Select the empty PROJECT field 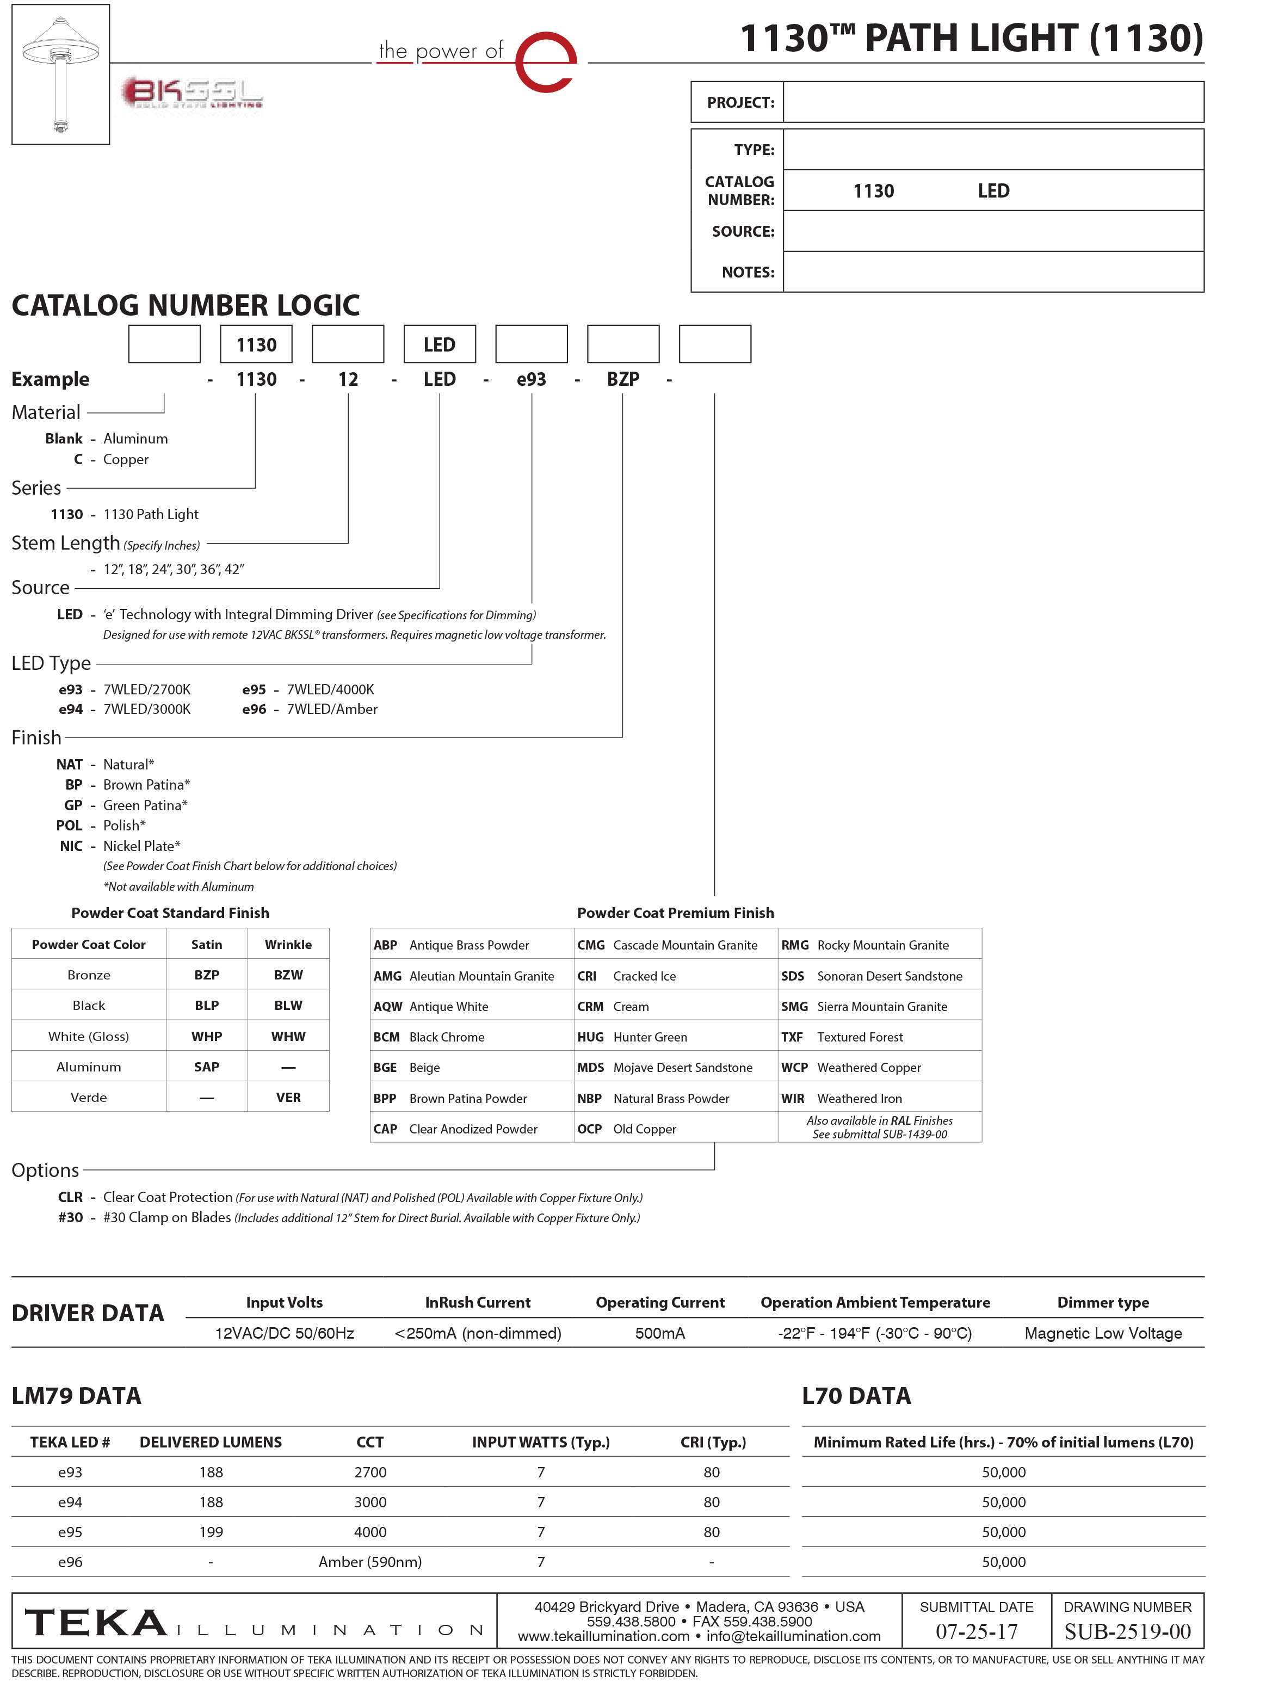(x=992, y=102)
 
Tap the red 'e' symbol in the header (x=546, y=63)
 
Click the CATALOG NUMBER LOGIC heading (x=186, y=306)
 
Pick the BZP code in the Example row (x=623, y=379)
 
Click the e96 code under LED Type (x=254, y=710)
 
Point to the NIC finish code (x=71, y=846)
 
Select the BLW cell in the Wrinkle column (x=288, y=1005)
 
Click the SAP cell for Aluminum (x=207, y=1067)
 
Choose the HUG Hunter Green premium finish (x=633, y=1037)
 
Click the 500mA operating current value (x=660, y=1333)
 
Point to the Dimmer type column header (x=1103, y=1303)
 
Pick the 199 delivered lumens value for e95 (x=211, y=1532)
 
